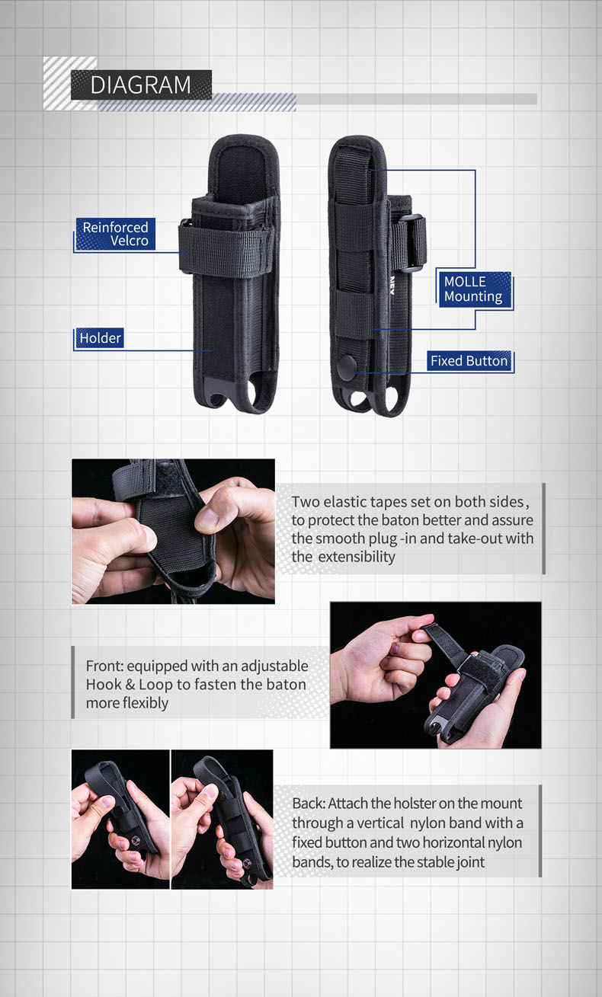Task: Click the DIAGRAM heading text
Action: (x=141, y=85)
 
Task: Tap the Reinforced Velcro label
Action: (x=116, y=234)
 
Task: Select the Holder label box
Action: (x=100, y=338)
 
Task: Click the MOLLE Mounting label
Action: (x=474, y=289)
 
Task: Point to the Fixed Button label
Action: (x=469, y=360)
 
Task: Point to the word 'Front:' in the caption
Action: (x=104, y=666)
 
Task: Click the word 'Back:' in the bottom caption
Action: (x=309, y=803)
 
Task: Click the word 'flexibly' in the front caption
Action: (x=146, y=703)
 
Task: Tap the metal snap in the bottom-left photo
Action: (x=136, y=840)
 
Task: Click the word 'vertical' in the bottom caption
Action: (x=379, y=823)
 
